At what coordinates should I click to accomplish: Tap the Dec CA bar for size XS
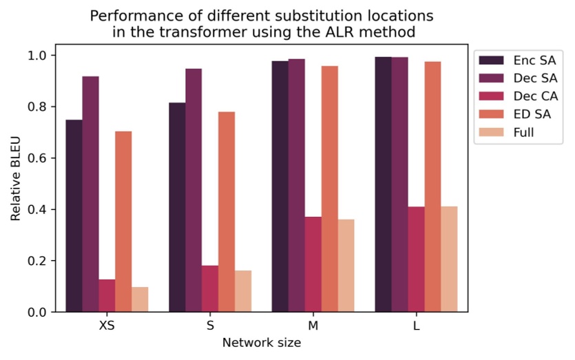pos(107,295)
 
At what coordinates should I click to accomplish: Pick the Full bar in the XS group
pos(140,299)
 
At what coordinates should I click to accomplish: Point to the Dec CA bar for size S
pos(210,288)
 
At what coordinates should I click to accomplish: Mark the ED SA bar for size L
pos(433,187)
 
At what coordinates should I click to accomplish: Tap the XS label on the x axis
pos(107,326)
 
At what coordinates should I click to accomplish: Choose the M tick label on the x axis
pos(313,326)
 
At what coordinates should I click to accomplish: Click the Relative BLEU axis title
pos(16,183)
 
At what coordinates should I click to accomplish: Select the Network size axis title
pos(261,342)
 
